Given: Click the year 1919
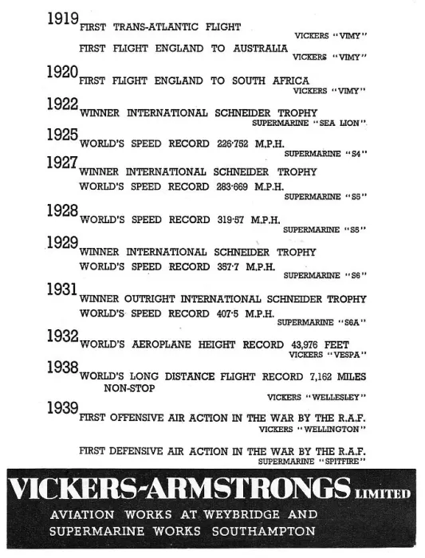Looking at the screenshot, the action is point(63,18).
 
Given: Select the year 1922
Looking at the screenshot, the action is point(63,104).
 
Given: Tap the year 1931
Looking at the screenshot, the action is point(62,289).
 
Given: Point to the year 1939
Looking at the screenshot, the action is point(63,408).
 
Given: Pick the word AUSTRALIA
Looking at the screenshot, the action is point(261,49).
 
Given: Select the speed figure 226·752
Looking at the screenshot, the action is point(232,143).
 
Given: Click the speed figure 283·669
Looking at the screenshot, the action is point(232,187).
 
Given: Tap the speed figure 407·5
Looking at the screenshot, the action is point(228,313).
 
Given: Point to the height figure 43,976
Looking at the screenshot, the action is point(305,345).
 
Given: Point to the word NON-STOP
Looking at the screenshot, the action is point(129,388).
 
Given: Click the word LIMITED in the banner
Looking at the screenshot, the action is point(383,494).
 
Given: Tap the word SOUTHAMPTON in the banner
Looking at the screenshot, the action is point(264,532).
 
